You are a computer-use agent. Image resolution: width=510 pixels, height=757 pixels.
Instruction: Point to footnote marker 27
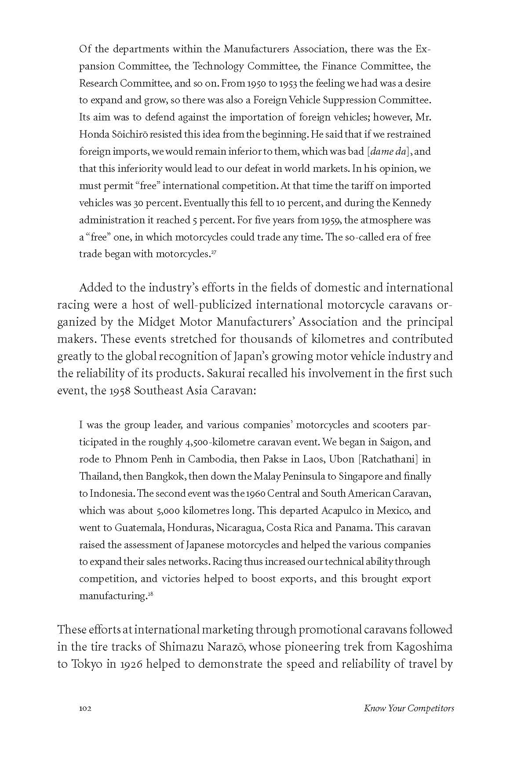click(x=213, y=252)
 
